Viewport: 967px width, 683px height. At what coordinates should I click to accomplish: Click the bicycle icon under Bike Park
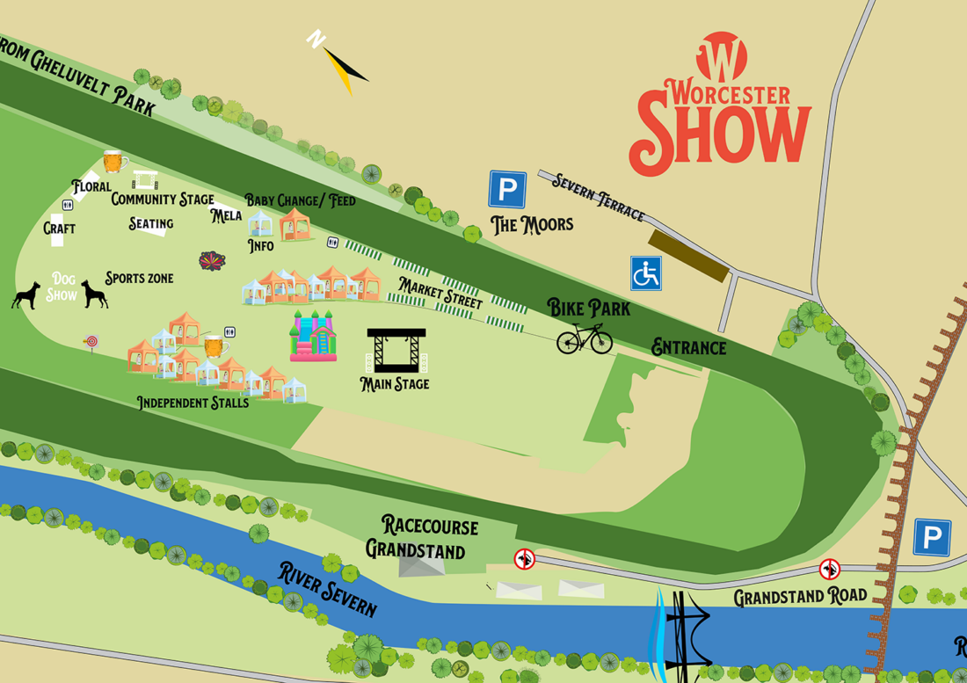point(585,338)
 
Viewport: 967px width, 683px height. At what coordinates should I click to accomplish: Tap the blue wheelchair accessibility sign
point(646,273)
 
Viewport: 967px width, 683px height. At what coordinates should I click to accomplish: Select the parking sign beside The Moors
point(507,190)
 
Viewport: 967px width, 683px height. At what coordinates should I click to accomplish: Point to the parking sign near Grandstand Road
point(932,537)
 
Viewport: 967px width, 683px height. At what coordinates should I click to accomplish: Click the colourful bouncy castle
point(314,336)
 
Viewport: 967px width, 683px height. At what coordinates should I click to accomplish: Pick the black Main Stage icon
point(396,351)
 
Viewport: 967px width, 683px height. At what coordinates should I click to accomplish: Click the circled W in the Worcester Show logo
point(721,56)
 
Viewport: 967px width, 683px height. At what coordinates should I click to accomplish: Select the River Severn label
point(328,589)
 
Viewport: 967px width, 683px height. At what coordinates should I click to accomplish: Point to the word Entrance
point(688,348)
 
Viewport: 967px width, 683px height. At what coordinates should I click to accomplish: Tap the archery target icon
point(91,341)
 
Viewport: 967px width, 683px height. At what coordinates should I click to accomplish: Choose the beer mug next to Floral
point(115,161)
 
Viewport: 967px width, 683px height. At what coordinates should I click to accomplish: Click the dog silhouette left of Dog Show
point(25,294)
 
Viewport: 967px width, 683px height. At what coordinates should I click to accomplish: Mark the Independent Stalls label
point(193,403)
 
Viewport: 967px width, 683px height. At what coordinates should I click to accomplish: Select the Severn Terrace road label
point(598,197)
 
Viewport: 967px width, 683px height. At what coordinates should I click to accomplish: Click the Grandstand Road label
point(800,596)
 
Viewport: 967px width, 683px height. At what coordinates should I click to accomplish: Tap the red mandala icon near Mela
point(212,261)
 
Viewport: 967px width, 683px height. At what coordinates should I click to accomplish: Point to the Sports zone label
point(139,279)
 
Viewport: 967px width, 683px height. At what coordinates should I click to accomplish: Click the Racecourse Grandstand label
point(424,538)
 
